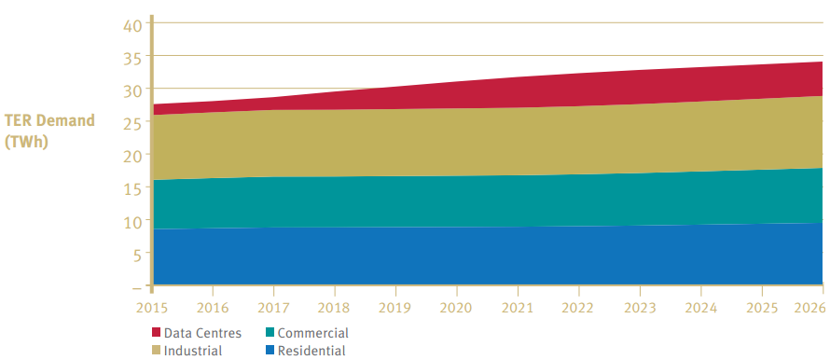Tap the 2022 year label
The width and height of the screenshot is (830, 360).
(579, 308)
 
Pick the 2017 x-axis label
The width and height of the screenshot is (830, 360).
(273, 308)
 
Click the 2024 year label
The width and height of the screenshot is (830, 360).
(701, 308)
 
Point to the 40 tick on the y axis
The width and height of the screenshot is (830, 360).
(132, 25)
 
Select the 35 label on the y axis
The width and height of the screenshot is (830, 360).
(132, 58)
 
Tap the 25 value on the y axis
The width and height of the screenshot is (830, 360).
(132, 123)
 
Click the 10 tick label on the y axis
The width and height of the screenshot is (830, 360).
(132, 222)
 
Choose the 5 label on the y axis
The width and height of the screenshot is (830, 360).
(138, 255)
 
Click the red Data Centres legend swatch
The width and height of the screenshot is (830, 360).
(156, 332)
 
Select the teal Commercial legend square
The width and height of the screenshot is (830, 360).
(270, 332)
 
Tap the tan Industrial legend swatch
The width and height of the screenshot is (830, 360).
(156, 350)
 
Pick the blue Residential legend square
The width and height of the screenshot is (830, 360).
(270, 350)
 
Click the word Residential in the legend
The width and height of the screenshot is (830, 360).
(311, 351)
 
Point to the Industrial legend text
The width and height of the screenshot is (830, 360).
(193, 351)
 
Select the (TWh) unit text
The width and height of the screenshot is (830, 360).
(26, 142)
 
